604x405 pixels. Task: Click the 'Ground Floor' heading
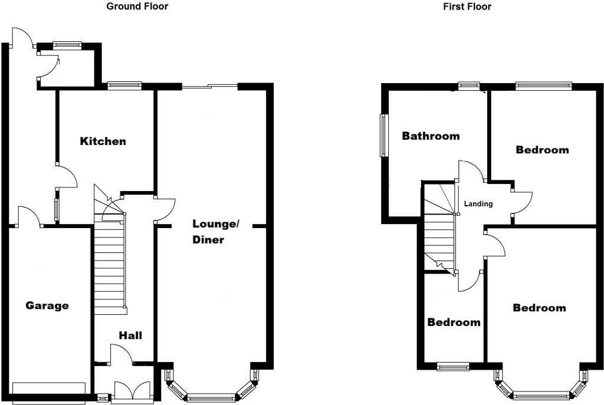[137, 6]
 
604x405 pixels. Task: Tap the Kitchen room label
[103, 141]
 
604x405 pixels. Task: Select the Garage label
[47, 305]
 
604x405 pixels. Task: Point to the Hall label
[130, 335]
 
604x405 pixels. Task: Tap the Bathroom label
[431, 136]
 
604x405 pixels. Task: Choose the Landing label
[478, 204]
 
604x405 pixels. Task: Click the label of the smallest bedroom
[454, 322]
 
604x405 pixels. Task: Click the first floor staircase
[439, 236]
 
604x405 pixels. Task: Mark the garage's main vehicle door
[48, 387]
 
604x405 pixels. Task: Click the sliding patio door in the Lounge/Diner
[209, 87]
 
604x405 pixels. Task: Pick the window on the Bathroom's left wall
[384, 135]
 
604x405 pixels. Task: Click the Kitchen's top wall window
[124, 85]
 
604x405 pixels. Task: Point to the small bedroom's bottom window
[453, 366]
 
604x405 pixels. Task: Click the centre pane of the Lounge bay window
[211, 397]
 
